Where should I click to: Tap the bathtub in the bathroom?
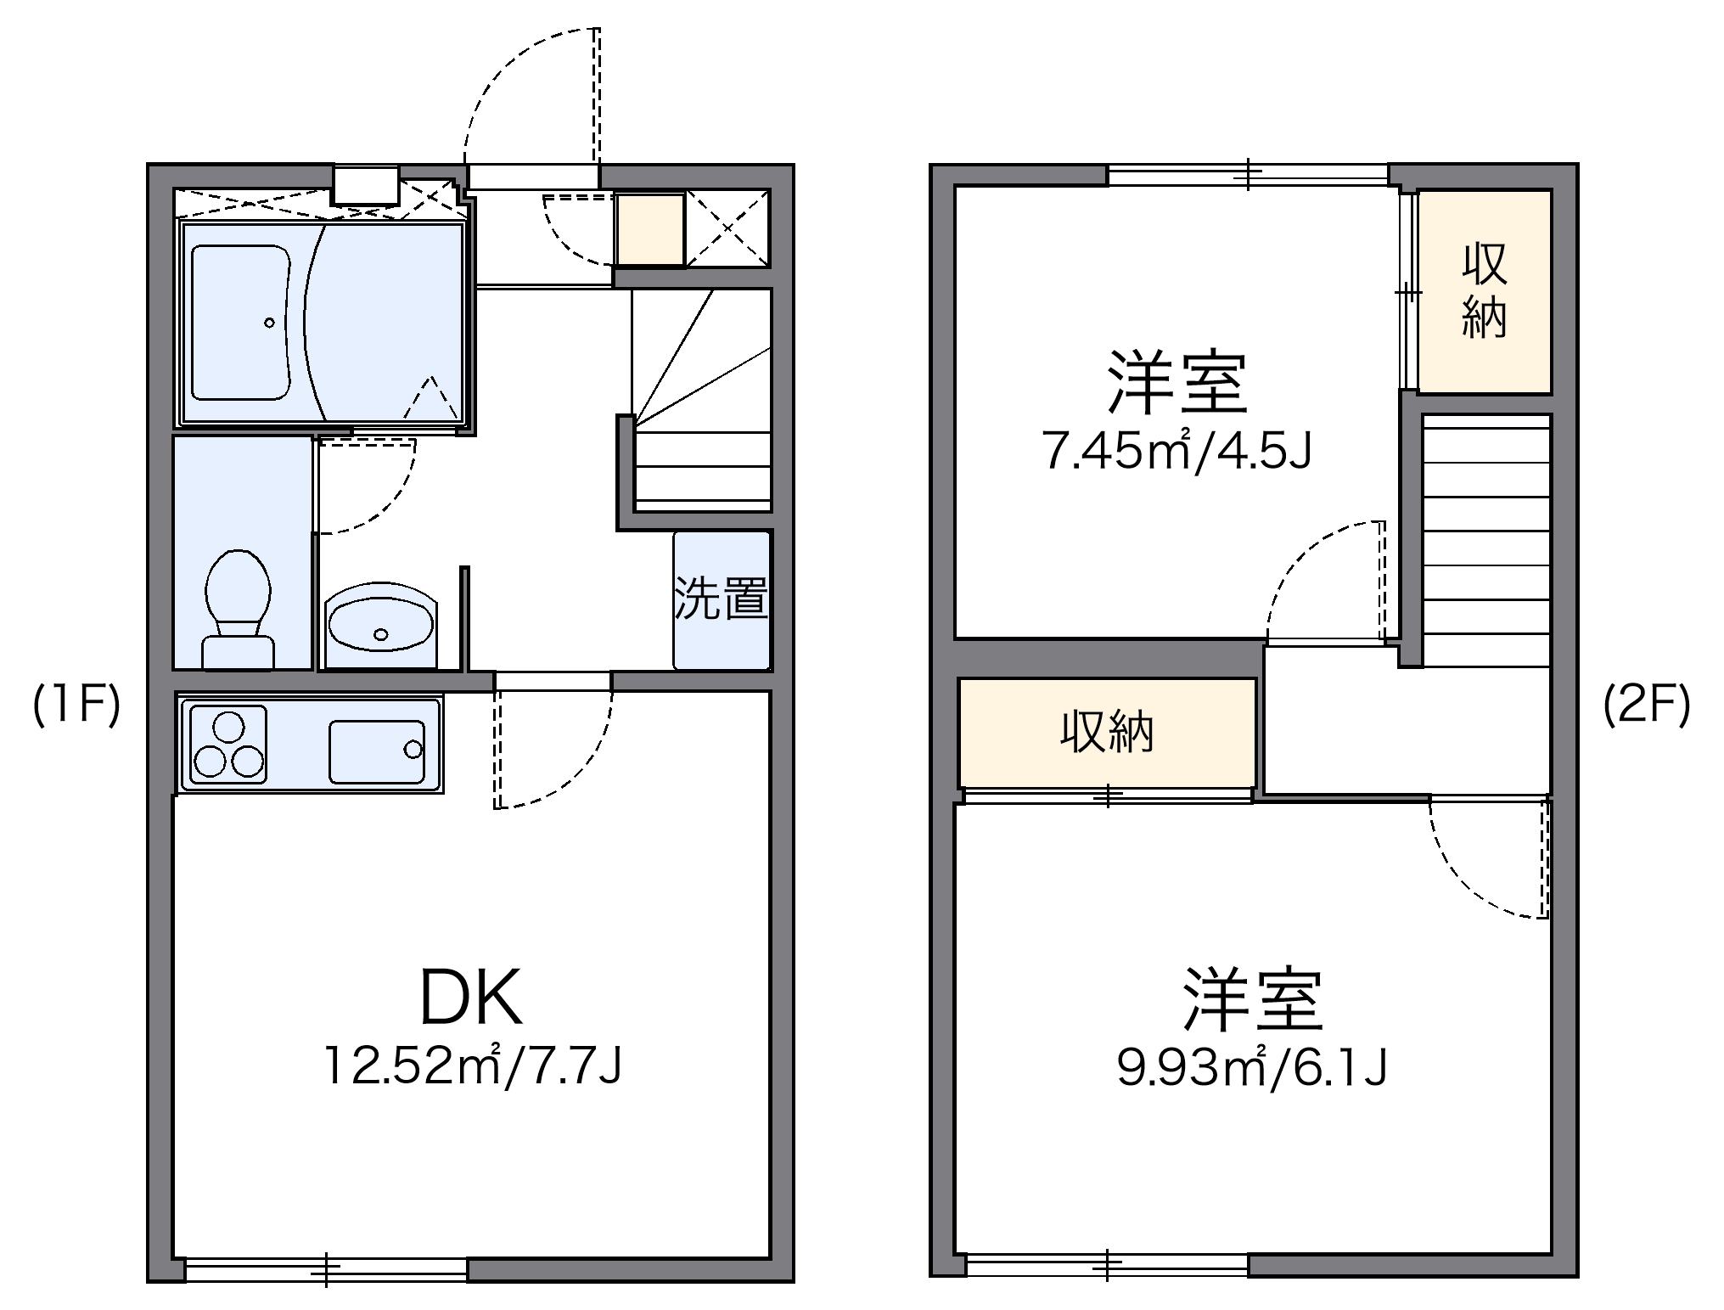click(x=240, y=322)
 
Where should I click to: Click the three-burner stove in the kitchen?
click(x=228, y=745)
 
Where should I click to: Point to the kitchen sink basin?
click(x=376, y=751)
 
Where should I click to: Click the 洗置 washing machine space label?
click(x=722, y=599)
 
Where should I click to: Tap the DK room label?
click(x=471, y=998)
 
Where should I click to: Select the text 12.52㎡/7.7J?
click(x=473, y=1066)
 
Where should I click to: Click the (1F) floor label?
click(x=76, y=706)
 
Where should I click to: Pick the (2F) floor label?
click(x=1647, y=706)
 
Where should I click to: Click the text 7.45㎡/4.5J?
click(x=1177, y=453)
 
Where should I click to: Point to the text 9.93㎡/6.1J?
click(x=1252, y=1068)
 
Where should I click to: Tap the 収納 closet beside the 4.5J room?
click(x=1484, y=291)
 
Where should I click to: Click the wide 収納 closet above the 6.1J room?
click(x=1107, y=732)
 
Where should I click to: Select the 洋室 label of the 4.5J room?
click(x=1176, y=384)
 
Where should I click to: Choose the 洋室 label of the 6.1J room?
click(x=1253, y=999)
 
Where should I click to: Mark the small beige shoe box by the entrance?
click(x=649, y=229)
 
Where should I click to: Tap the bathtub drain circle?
click(x=269, y=323)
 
